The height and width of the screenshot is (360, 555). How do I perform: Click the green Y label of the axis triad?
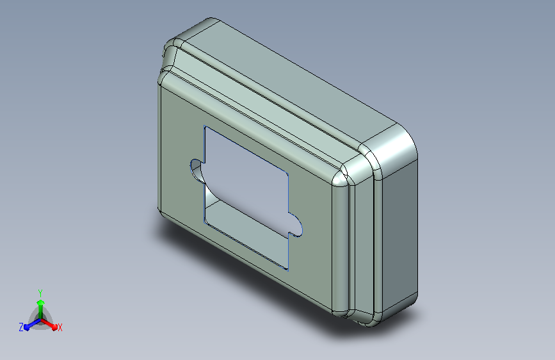40,293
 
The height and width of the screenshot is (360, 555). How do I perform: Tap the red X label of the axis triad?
60,327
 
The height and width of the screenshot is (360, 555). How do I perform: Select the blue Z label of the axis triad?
21,327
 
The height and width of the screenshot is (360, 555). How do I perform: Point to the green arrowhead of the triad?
41,303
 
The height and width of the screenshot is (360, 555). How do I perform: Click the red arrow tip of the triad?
54,327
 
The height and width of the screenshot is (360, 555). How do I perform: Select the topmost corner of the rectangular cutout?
204,126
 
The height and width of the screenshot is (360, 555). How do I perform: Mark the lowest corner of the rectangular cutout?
288,270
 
